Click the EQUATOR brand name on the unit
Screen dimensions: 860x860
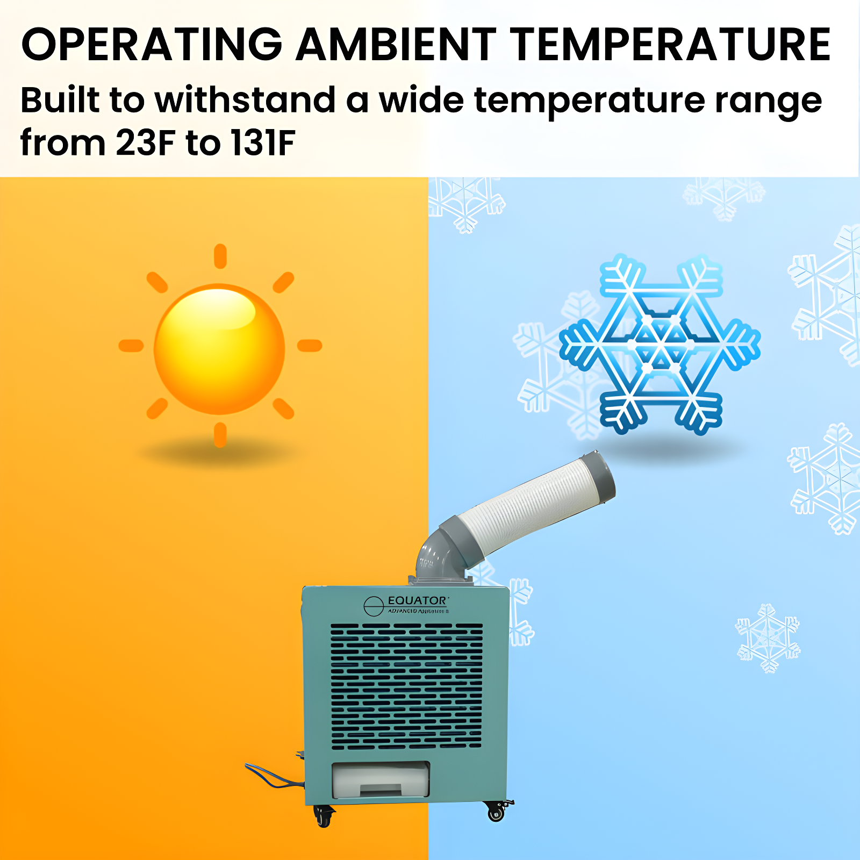click(417, 600)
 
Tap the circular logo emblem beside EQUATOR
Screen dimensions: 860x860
click(373, 606)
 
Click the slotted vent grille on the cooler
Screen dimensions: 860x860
click(406, 686)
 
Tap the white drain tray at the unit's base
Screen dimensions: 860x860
click(381, 779)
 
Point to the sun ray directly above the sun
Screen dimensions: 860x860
click(220, 256)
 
